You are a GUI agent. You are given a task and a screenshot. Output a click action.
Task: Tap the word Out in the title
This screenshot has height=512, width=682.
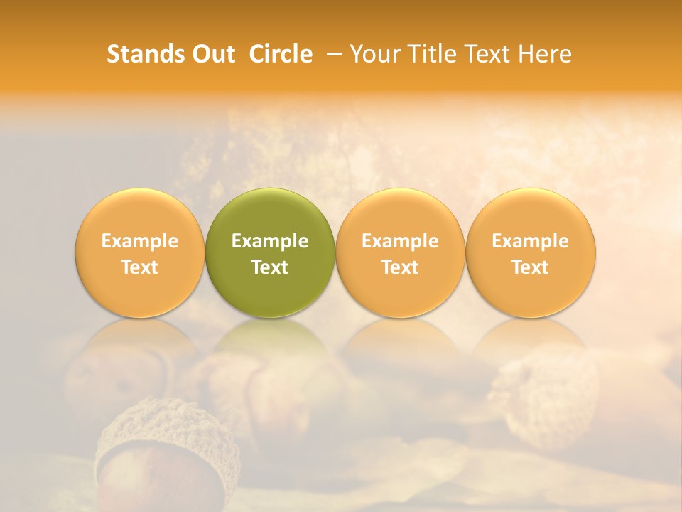pos(212,54)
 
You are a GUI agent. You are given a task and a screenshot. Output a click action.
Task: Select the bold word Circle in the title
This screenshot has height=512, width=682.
pos(281,54)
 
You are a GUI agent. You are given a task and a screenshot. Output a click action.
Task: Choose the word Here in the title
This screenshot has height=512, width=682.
pos(544,54)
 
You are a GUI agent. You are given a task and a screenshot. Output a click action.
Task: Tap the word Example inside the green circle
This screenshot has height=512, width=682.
pos(270,241)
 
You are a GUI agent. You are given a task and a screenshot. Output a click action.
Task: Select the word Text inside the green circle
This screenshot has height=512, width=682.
pos(270,267)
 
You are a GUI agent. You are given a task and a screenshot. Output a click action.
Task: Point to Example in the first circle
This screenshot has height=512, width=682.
pos(139,241)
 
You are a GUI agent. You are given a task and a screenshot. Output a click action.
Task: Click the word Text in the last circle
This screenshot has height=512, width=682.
pos(530,267)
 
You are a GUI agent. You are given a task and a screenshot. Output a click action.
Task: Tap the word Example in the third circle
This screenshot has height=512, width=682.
pos(400,241)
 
